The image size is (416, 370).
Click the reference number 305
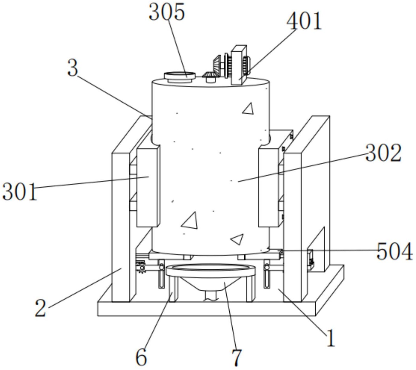point(167,12)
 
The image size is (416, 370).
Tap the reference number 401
point(304,21)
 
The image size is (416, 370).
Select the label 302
point(383,153)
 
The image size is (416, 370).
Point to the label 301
point(19,192)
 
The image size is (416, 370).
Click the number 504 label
point(394,252)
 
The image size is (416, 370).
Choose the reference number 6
point(141,357)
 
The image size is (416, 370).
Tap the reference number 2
point(40,308)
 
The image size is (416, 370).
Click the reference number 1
point(331,338)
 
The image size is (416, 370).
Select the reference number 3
point(73,68)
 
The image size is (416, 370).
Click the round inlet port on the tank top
point(180,77)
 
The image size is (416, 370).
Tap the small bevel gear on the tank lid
point(209,77)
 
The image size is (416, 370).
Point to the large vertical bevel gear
point(217,66)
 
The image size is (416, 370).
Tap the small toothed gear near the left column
point(141,267)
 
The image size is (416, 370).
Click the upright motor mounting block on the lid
point(239,65)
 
